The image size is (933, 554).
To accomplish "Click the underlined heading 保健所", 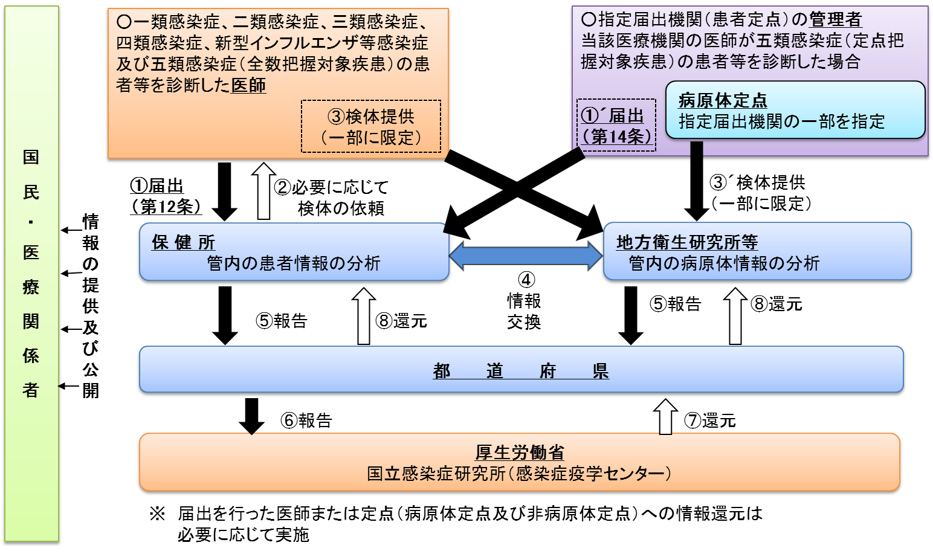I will (x=183, y=242).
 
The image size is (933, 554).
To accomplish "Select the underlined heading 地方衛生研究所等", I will (x=686, y=242).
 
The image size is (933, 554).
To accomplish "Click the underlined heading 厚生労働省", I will (x=520, y=452).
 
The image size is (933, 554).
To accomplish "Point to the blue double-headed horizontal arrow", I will (x=526, y=256).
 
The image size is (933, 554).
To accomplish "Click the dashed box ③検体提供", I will (x=371, y=126).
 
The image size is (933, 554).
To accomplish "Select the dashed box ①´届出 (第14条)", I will (x=616, y=125).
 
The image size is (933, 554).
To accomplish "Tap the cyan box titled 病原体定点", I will (x=795, y=110).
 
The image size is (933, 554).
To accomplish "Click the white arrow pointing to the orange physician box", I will (x=263, y=191).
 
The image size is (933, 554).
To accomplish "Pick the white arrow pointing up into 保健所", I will (x=363, y=317).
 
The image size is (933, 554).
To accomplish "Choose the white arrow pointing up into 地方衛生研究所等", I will (x=735, y=317).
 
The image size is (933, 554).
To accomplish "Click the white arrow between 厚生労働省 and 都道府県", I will (x=665, y=417).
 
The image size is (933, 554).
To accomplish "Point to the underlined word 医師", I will (x=248, y=86).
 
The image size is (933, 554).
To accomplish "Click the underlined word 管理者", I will (x=835, y=20).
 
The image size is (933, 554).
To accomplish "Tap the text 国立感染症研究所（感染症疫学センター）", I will (x=519, y=473).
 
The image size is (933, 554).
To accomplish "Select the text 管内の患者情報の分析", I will (x=294, y=263).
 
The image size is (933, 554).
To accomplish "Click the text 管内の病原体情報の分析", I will (x=724, y=263).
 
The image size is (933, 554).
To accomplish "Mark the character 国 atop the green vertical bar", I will (x=31, y=157).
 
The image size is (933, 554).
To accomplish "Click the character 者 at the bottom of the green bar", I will (x=31, y=390).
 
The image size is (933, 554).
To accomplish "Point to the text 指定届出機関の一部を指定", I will (x=781, y=121).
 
